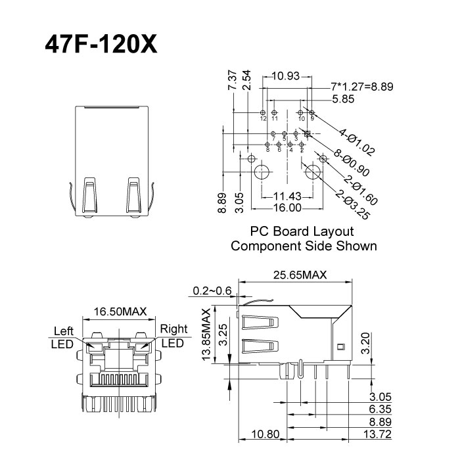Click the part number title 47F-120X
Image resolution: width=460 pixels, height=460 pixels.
(101, 44)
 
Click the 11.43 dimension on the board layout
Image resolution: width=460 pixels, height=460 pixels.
(287, 196)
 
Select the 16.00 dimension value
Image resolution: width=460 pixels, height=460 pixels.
(287, 208)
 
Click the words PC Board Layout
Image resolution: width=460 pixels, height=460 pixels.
(302, 232)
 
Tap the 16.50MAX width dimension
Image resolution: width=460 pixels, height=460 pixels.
(120, 311)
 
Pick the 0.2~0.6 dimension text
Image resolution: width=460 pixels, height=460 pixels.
(212, 290)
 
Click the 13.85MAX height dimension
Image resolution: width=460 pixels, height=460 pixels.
(206, 335)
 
